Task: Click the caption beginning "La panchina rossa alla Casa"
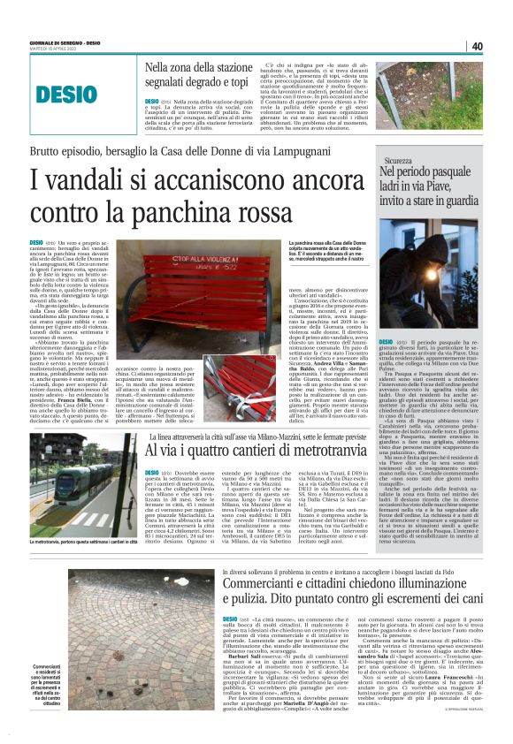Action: coord(337,246)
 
